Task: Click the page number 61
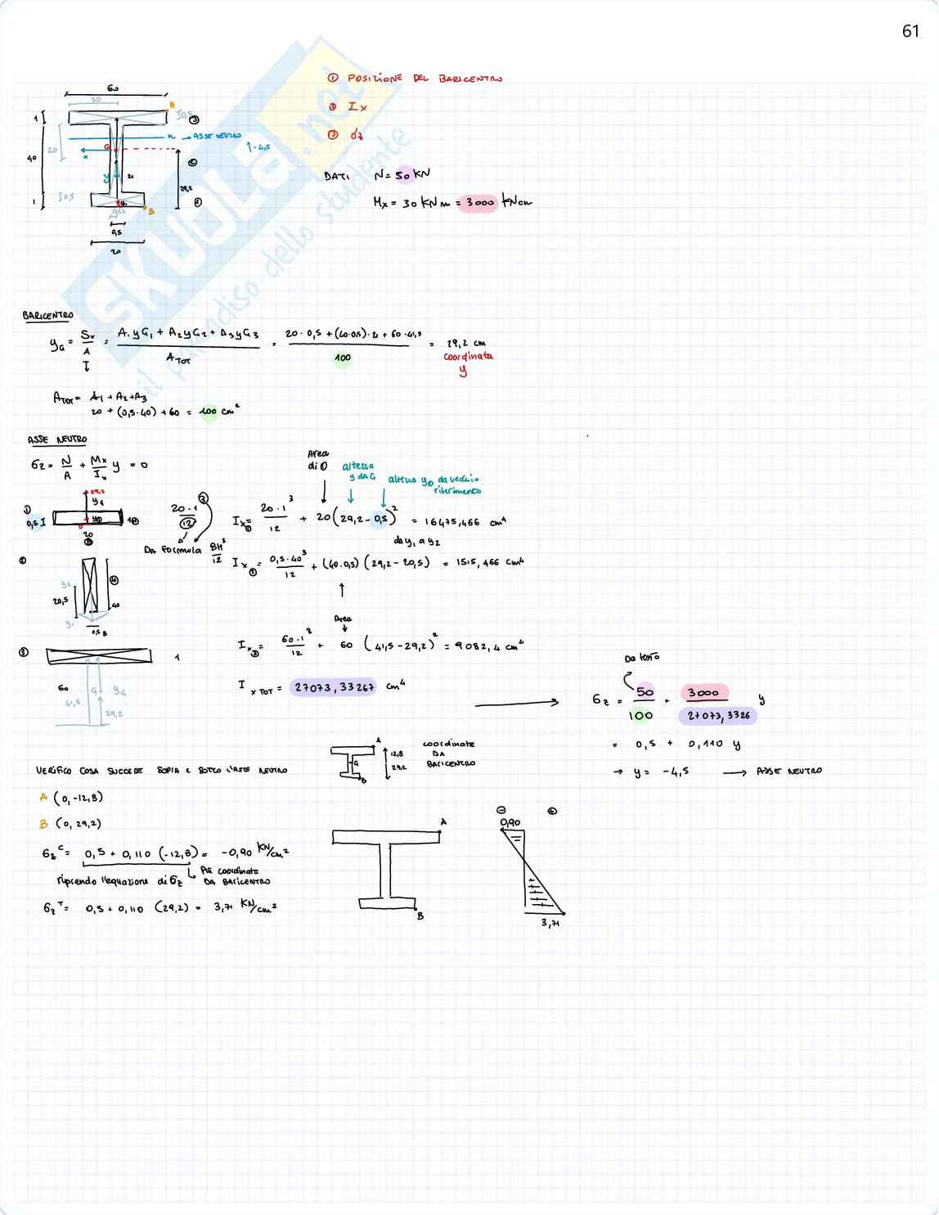tap(910, 31)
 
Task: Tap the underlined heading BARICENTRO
tap(47, 316)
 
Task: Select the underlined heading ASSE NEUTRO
tap(56, 440)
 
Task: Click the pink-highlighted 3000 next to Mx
tap(477, 203)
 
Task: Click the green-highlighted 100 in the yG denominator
tap(342, 358)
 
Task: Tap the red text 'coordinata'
tap(468, 357)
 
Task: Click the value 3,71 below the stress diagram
tap(550, 923)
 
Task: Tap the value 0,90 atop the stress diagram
tap(510, 822)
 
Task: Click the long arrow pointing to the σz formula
tap(517, 702)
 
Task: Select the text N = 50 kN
tap(401, 175)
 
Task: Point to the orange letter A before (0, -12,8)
tap(43, 797)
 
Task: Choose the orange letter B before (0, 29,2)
tap(43, 824)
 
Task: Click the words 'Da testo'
tap(641, 658)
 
